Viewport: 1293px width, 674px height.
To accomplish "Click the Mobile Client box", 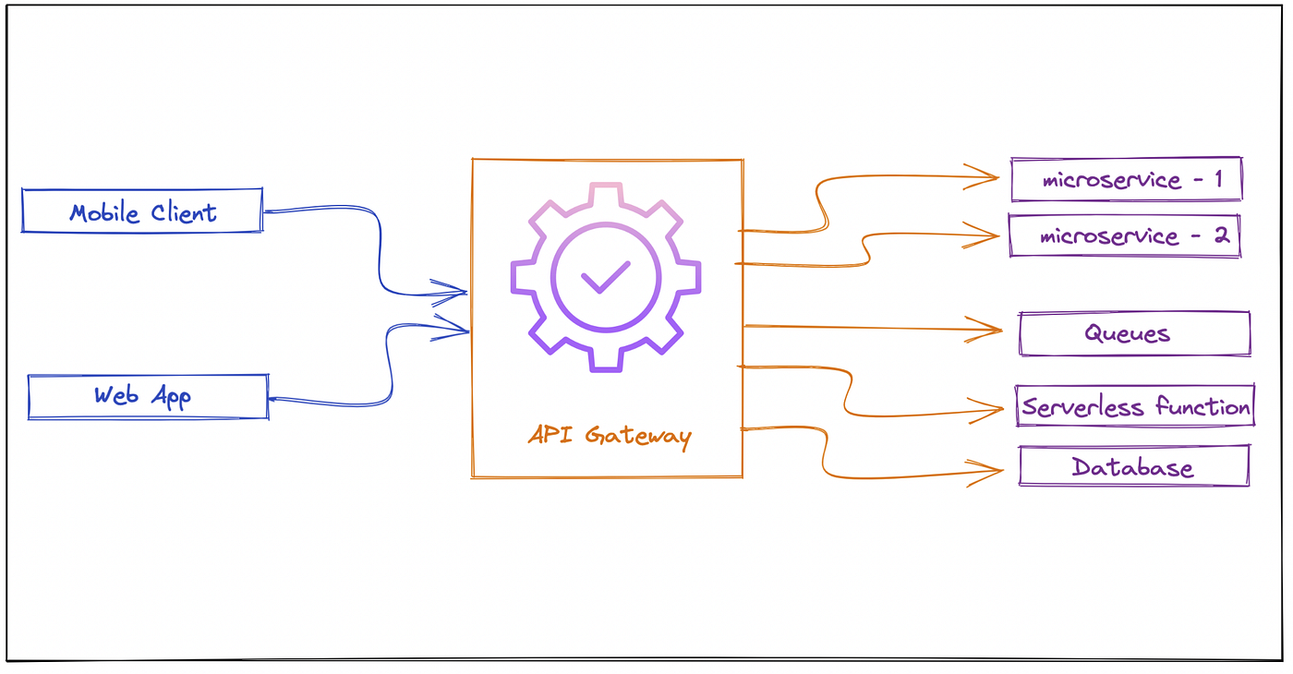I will [x=142, y=211].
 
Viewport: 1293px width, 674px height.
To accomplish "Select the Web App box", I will [x=148, y=397].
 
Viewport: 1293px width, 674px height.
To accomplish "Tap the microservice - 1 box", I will [x=1126, y=179].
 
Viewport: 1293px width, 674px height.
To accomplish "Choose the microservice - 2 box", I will [x=1124, y=235].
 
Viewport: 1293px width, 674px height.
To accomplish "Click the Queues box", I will [x=1134, y=333].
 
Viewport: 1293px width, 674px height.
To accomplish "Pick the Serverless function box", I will [x=1136, y=406].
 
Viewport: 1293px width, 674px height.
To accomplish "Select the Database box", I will [x=1133, y=466].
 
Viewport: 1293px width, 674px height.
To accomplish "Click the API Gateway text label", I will [x=609, y=434].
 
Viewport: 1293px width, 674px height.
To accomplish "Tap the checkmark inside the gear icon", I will [x=605, y=275].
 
